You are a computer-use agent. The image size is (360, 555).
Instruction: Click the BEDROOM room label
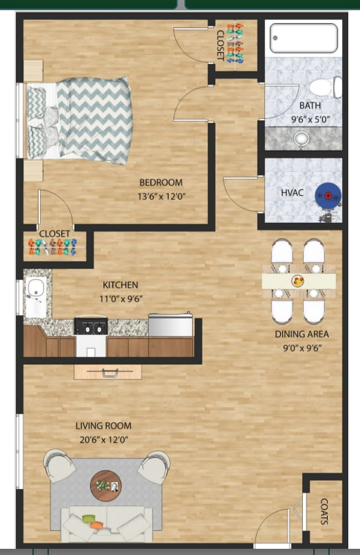[161, 182]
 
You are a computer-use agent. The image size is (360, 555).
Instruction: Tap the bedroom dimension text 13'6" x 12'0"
[161, 196]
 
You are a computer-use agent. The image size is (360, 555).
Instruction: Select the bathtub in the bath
[304, 38]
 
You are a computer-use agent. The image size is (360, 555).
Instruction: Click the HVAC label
[293, 193]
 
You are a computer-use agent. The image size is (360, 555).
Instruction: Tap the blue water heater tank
[328, 197]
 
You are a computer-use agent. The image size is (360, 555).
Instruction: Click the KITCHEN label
[120, 285]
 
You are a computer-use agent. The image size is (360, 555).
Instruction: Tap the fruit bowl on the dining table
[298, 281]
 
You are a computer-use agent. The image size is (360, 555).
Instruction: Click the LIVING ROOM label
[103, 426]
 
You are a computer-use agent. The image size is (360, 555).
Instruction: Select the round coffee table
[106, 486]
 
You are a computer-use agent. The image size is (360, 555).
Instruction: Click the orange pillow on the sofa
[97, 525]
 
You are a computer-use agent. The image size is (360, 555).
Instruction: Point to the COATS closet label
[324, 512]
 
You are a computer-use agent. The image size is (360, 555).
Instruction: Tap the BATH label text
[310, 105]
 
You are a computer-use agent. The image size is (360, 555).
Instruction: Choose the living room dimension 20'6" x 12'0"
[103, 439]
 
